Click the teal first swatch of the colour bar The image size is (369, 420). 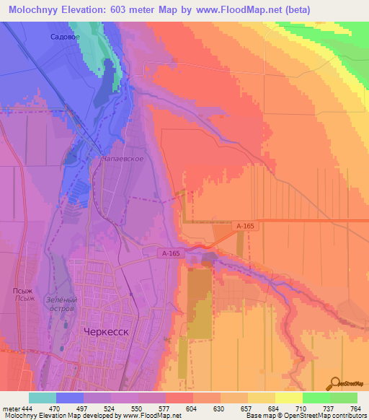coord(43,398)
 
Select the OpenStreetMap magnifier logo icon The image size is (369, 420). coord(337,382)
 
